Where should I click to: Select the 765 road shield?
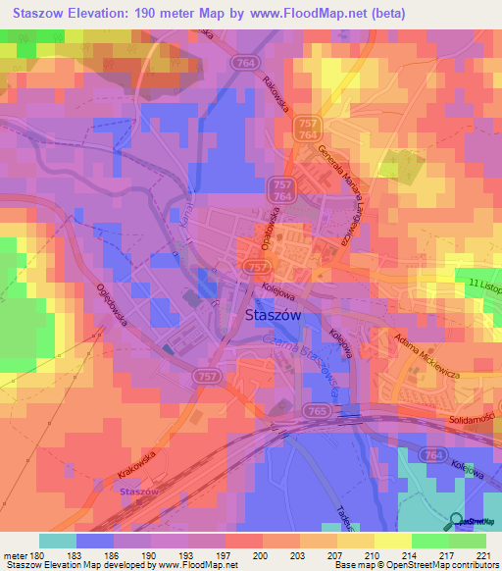coord(315,411)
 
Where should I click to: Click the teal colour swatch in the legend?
coord(58,541)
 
